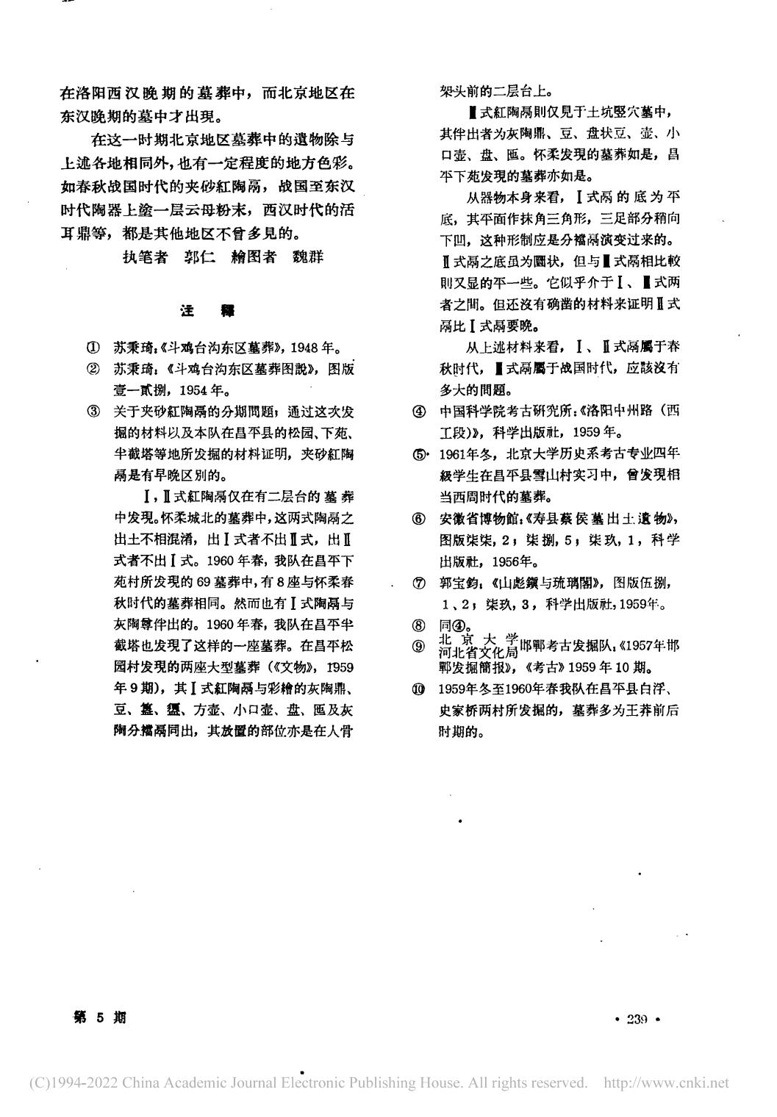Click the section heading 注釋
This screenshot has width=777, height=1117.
tap(207, 311)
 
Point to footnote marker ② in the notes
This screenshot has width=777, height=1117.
tap(93, 368)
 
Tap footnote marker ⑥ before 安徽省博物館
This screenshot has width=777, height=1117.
tap(419, 519)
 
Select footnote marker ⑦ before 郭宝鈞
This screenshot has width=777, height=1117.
tap(419, 583)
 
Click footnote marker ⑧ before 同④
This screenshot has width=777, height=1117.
tap(419, 626)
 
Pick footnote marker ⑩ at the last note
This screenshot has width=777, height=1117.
tap(419, 689)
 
